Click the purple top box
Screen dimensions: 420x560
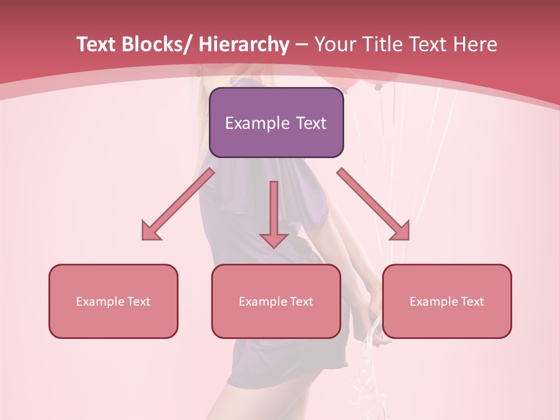coord(276,123)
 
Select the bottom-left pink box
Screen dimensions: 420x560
coord(113,301)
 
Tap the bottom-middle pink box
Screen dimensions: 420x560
coord(276,301)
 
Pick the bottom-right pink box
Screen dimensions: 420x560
coord(447,301)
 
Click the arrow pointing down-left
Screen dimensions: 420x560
coord(178,204)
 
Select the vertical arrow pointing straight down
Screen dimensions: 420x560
coord(274,213)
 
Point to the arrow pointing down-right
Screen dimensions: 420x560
coord(373,204)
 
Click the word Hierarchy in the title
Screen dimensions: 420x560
coord(243,44)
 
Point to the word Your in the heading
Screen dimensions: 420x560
coord(334,44)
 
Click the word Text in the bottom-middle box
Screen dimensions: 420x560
coord(301,302)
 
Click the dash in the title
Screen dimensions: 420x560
coord(302,44)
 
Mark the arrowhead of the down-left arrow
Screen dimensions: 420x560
coord(150,232)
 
